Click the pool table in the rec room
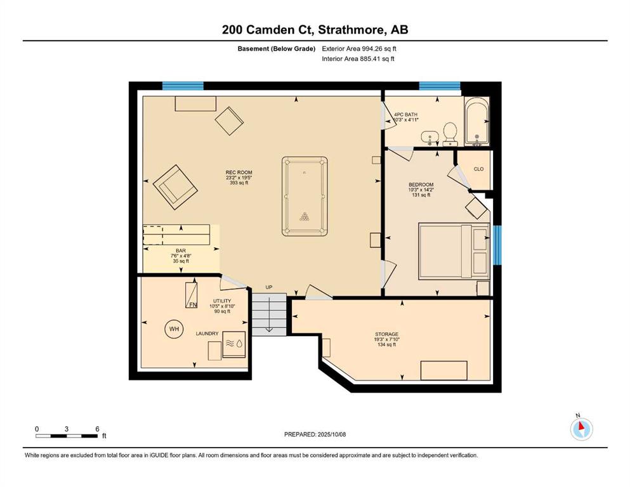click(305, 197)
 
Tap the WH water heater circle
click(174, 329)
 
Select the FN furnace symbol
click(191, 295)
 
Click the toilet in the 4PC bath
click(450, 134)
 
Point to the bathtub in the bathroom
click(477, 121)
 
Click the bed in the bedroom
click(454, 251)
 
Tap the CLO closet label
click(478, 169)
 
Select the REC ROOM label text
click(239, 172)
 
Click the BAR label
click(181, 250)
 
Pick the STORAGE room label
click(386, 334)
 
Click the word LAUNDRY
click(207, 334)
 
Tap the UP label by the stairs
click(269, 287)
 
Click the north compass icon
click(581, 428)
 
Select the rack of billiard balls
click(305, 216)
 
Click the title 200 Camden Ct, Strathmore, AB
click(315, 30)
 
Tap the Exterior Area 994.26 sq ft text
click(359, 49)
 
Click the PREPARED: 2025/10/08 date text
click(315, 434)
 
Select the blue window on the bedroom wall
click(497, 245)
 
